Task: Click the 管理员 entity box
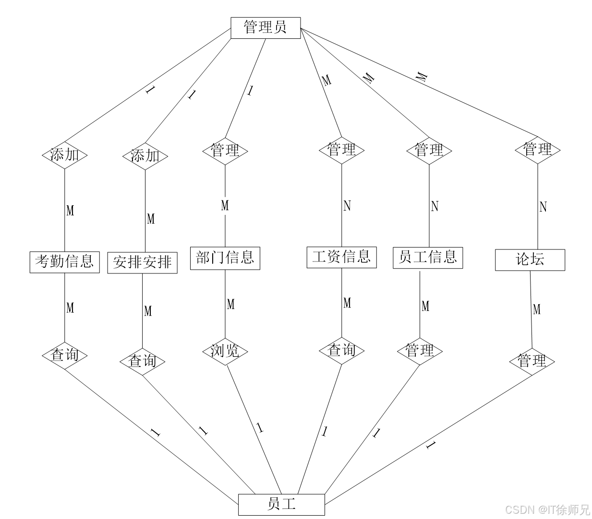click(266, 28)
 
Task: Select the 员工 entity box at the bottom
click(281, 504)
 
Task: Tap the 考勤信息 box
click(64, 262)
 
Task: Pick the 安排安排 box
click(142, 263)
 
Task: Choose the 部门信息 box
click(225, 258)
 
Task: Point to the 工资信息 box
click(341, 257)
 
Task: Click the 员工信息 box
click(427, 258)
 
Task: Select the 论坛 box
click(530, 260)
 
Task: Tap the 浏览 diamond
click(225, 351)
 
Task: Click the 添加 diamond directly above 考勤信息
click(64, 155)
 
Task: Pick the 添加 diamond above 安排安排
click(145, 156)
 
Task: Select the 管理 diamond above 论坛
click(537, 150)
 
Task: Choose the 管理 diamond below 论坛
click(532, 361)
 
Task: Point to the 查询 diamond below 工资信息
click(341, 350)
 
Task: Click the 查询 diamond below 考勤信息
click(64, 355)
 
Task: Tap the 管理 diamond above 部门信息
click(225, 151)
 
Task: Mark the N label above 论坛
click(543, 207)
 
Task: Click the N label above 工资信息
click(347, 206)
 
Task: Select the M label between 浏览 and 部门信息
click(230, 304)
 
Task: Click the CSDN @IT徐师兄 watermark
click(546, 509)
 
